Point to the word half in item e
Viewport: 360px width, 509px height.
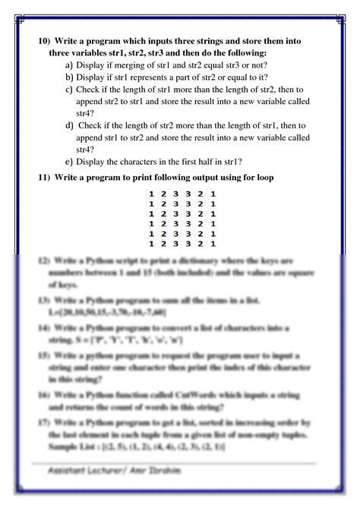pyautogui.click(x=207, y=162)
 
